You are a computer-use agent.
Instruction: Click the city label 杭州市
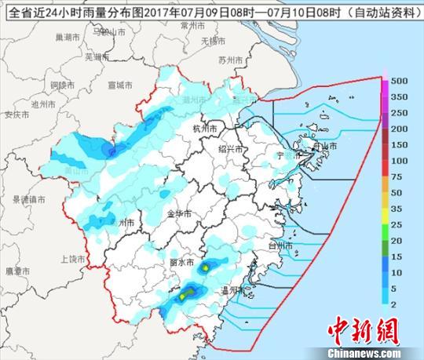click(203, 127)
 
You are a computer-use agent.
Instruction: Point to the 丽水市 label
click(182, 262)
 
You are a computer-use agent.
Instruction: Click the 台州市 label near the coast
click(281, 246)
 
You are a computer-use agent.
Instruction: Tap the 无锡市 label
click(213, 40)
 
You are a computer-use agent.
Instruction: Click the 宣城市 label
click(121, 84)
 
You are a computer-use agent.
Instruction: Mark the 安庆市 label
click(16, 115)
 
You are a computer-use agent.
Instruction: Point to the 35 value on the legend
click(398, 209)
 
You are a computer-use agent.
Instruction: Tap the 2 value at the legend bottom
click(396, 304)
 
